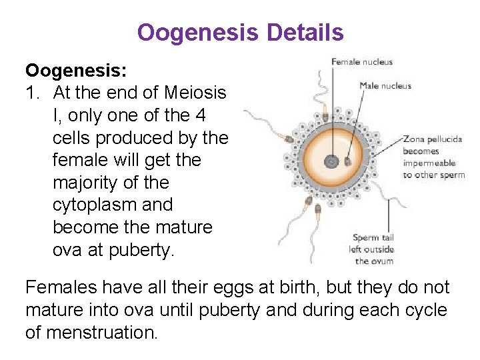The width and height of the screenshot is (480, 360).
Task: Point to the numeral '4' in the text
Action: [x=199, y=115]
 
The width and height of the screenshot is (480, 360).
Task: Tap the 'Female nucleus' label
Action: [x=362, y=63]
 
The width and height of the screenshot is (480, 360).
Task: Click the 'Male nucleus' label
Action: [x=385, y=85]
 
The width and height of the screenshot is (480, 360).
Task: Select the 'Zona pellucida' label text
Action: [x=433, y=140]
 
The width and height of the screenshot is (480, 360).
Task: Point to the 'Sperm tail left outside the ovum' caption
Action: [x=373, y=249]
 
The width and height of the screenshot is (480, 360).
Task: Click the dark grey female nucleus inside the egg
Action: [x=330, y=161]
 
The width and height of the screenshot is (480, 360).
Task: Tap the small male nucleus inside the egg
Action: [x=347, y=160]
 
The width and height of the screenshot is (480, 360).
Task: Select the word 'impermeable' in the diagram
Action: [x=429, y=163]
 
